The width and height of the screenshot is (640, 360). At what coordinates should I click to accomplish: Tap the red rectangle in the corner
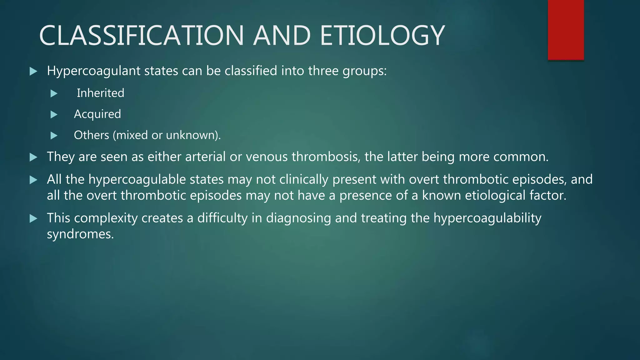[x=566, y=30]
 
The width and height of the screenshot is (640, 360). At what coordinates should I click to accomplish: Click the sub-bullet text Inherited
[x=100, y=93]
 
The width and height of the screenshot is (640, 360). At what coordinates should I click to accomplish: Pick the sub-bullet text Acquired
[x=97, y=114]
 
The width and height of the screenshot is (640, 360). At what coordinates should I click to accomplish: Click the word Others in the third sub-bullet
[x=91, y=135]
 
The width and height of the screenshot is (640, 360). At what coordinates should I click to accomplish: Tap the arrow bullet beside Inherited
[x=54, y=93]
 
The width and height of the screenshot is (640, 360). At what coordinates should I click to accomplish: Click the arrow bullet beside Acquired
[x=54, y=114]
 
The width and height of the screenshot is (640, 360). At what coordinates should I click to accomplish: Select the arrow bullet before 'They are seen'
[x=33, y=157]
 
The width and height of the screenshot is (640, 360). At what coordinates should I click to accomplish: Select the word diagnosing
[x=298, y=218]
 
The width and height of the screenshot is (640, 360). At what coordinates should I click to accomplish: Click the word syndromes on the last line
[x=80, y=234]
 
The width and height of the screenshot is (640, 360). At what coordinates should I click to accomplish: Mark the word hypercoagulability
[x=487, y=218]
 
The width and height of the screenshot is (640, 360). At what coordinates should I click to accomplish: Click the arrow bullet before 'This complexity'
[x=33, y=218]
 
